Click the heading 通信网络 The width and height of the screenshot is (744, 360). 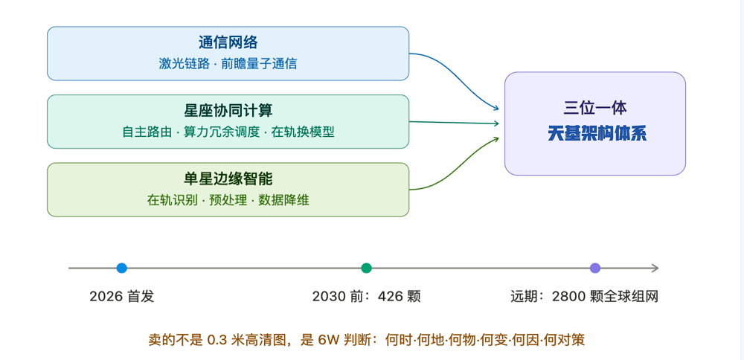[x=228, y=42]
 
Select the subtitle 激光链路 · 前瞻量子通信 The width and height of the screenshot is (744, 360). [x=228, y=63]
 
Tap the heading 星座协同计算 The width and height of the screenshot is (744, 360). [x=228, y=111]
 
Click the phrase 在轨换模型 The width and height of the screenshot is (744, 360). [x=303, y=132]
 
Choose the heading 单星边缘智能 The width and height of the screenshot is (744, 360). [x=228, y=179]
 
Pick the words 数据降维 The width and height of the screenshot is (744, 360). [x=283, y=200]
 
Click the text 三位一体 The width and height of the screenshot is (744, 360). [x=595, y=108]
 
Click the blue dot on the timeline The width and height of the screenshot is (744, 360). [x=122, y=268]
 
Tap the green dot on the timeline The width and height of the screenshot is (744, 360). [x=366, y=268]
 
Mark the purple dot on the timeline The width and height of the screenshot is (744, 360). [x=595, y=268]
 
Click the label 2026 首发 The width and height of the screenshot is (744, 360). [x=122, y=297]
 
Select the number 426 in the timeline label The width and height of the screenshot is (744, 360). [x=387, y=297]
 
